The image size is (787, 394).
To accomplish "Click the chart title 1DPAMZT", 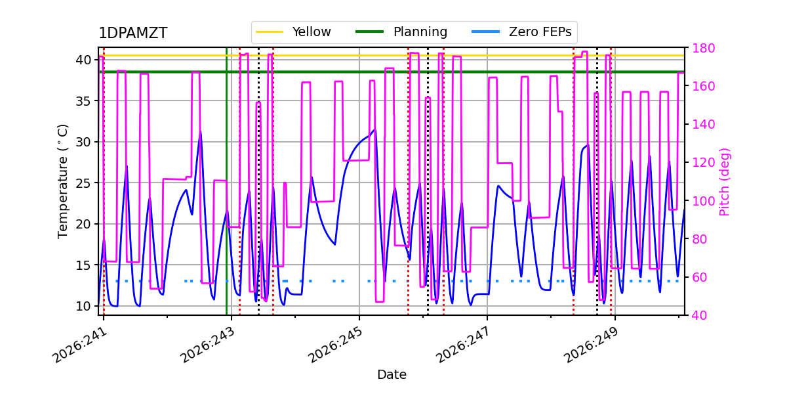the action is [x=132, y=33].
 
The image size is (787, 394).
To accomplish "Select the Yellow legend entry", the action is [x=293, y=32].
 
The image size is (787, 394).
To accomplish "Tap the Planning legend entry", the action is [x=401, y=32].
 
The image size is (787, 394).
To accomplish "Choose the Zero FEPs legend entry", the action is [x=522, y=32].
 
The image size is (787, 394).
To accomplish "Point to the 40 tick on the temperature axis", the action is [x=83, y=60].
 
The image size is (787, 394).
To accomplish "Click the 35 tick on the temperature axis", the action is [x=83, y=101].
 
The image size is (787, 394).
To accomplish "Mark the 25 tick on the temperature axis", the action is [x=83, y=183].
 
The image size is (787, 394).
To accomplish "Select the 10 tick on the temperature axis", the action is [x=83, y=306].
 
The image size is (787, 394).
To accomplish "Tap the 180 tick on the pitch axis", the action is [x=703, y=48].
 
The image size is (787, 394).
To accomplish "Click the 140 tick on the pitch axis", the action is [x=703, y=124].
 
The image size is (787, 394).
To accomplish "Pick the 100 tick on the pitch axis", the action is [x=703, y=201].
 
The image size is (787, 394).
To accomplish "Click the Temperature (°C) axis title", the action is [x=62, y=181].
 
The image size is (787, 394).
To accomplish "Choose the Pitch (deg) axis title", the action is [x=725, y=182].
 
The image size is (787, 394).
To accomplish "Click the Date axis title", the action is [x=392, y=375].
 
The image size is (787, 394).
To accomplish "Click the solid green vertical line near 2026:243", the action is [x=227, y=181].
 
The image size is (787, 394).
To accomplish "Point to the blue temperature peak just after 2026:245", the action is [x=375, y=129].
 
